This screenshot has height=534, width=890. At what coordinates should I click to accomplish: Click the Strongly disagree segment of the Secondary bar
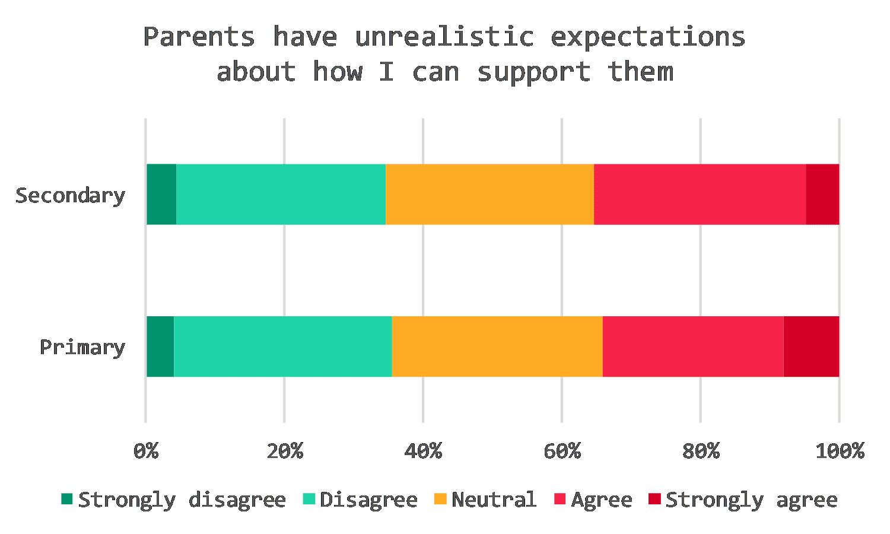pos(161,195)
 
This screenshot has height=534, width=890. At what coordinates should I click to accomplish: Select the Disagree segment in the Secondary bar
pos(281,195)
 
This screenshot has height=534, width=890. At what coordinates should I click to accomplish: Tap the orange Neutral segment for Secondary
pos(490,195)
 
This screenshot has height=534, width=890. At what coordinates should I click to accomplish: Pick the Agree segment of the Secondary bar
pos(700,195)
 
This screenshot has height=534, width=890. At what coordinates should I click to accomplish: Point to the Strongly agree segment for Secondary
pos(823,195)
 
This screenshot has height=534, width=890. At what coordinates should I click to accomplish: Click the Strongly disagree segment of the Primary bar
pos(160,347)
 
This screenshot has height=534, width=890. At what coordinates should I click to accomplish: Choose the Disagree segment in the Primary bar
pos(283,347)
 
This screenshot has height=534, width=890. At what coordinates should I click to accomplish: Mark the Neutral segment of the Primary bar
pos(497,347)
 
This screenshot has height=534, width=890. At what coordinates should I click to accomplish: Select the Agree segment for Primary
pos(693,347)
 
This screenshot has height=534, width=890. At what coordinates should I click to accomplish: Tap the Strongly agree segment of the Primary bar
pos(812,347)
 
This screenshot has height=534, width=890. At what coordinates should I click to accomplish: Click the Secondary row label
pos(70,195)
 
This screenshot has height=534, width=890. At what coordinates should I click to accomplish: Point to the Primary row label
pos(82,347)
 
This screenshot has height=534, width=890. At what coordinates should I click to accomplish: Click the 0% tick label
pos(146,452)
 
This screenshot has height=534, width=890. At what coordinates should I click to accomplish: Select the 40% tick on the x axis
pos(423,452)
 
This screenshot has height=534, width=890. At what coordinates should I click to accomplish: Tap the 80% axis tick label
pos(701,452)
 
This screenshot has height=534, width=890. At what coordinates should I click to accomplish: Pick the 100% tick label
pos(840,452)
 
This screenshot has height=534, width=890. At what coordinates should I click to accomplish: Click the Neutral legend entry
pos(494,500)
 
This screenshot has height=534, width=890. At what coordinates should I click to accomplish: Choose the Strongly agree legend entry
pos(751,500)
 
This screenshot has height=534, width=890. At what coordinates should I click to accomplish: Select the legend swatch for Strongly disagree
pos(67,499)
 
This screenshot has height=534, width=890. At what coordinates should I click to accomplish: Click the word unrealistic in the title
pos(444,37)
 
